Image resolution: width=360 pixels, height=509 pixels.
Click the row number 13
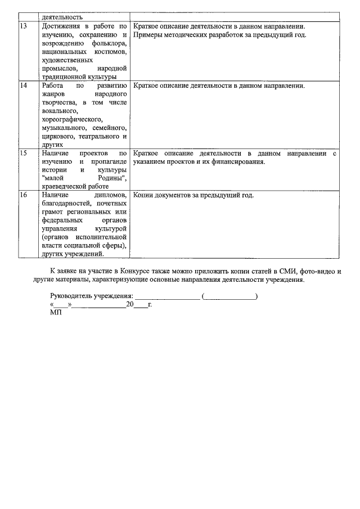click(x=24, y=26)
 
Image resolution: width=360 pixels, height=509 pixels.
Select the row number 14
click(x=24, y=86)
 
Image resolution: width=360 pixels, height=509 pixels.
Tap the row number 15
click(x=24, y=153)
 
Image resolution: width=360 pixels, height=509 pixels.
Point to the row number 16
click(x=24, y=196)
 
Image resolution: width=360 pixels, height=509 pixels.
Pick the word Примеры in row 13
click(x=147, y=35)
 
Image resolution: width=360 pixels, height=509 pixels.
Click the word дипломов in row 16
click(x=110, y=196)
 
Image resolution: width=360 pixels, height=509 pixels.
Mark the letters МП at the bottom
click(x=55, y=312)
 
